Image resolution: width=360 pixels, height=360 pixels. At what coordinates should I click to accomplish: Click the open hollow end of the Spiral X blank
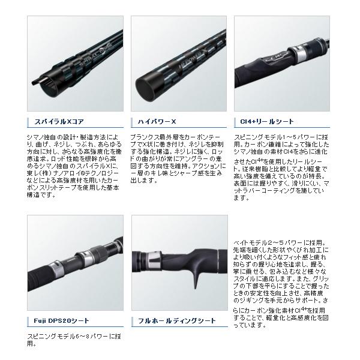(x=43, y=91)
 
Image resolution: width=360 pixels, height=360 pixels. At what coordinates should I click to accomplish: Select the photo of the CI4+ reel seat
(x=281, y=65)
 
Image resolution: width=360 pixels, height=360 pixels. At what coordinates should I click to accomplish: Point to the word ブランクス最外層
(x=154, y=137)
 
